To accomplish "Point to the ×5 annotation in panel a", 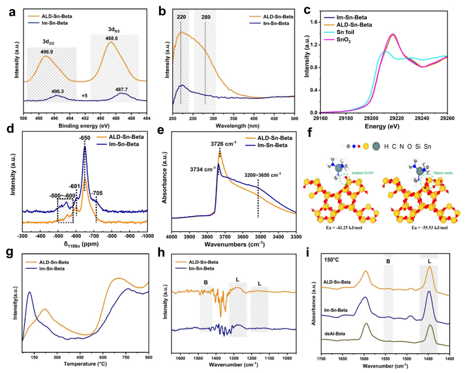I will click(x=85, y=95).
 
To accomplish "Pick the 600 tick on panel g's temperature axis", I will click(x=102, y=357).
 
